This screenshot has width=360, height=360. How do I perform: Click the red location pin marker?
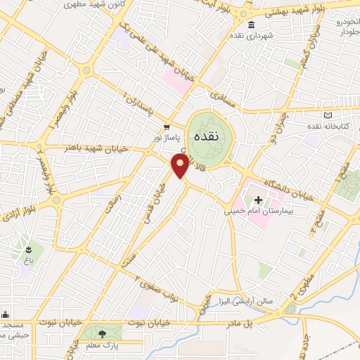pyautogui.click(x=181, y=166)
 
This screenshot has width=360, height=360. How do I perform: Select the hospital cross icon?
pyautogui.click(x=258, y=200)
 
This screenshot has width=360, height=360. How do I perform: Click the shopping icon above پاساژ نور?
pyautogui.click(x=167, y=127)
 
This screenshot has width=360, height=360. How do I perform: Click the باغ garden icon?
pyautogui.click(x=29, y=249)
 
